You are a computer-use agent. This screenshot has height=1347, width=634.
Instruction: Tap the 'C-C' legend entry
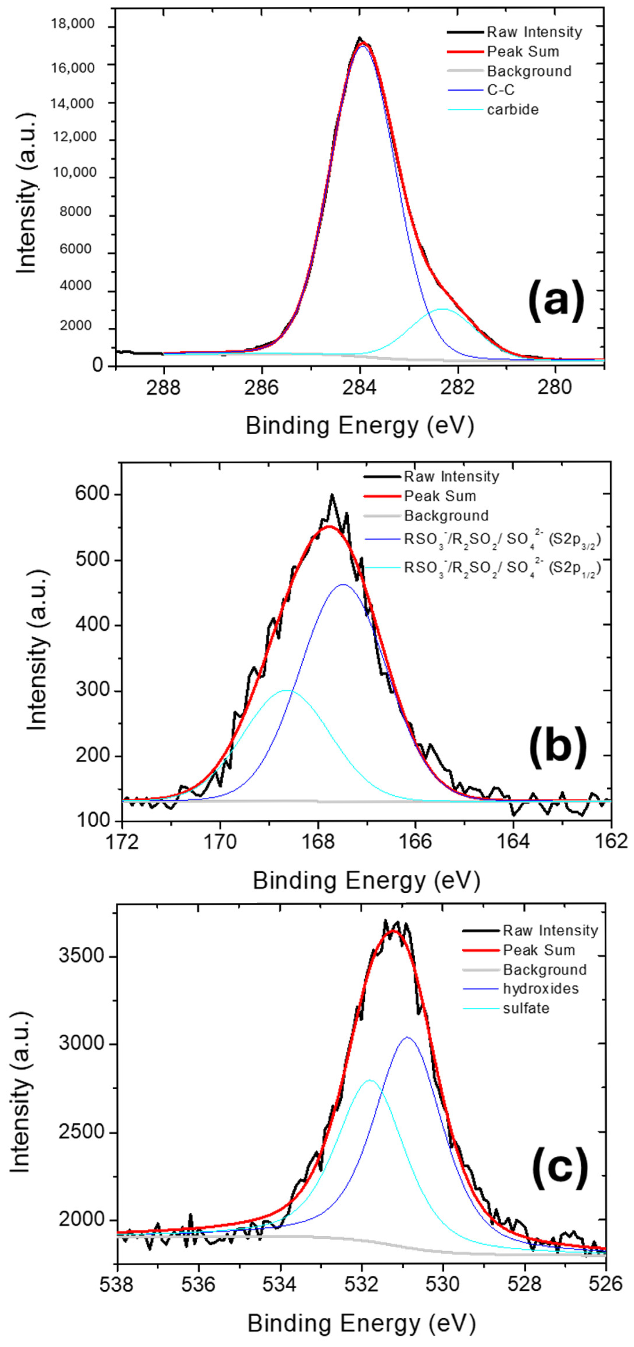[501, 90]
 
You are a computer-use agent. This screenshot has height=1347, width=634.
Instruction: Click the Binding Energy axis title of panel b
[366, 880]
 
